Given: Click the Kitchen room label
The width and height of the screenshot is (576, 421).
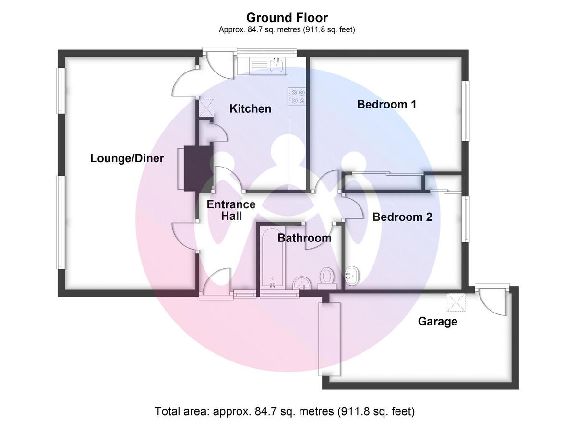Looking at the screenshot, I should point(250,109).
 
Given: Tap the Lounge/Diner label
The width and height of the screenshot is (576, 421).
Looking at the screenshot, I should point(127,158).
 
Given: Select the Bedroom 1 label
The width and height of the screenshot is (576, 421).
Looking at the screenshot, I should point(386,104).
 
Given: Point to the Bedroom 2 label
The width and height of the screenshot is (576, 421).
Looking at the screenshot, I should point(402,217).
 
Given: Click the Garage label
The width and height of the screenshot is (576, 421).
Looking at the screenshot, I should point(437,322).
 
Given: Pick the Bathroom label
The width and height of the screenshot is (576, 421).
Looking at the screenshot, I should point(304,238).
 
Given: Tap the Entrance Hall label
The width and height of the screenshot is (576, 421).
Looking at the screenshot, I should point(231,210).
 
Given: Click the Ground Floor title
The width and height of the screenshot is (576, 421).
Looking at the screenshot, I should point(287,18).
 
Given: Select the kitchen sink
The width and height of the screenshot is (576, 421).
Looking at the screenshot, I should point(276,65).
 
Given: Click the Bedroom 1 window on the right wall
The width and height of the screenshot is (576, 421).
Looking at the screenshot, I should point(466,111).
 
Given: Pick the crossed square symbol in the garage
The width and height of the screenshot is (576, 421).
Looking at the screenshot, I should point(454,301).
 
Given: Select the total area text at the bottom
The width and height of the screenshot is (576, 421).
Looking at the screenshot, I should point(285,411).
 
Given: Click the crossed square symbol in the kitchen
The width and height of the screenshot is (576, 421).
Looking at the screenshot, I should point(207,106).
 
